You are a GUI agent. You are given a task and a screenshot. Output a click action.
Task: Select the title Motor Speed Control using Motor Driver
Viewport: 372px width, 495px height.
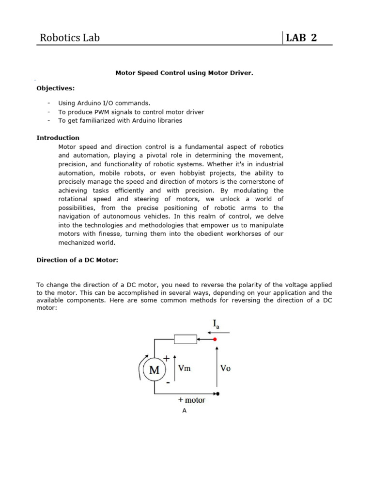pos(184,73)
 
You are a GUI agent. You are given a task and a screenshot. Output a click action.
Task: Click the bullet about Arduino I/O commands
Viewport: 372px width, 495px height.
pos(104,103)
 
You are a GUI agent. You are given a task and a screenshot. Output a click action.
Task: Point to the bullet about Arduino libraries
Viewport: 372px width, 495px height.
pos(120,120)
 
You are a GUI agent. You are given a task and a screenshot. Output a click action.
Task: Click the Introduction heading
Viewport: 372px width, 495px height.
pos(58,138)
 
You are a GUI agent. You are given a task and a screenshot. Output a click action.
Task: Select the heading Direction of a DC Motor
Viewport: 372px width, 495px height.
pos(77,260)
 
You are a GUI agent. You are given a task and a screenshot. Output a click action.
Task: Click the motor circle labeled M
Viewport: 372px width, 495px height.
pos(155,370)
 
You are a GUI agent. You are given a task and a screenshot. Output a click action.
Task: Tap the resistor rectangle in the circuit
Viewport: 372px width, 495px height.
pos(185,339)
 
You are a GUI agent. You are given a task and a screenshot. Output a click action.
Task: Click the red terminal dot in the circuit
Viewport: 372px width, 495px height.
pos(216,340)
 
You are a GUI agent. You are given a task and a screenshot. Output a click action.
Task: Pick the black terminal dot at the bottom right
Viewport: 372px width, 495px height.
pos(217,393)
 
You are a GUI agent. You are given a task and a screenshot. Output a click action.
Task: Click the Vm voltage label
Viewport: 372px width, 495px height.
pos(184,368)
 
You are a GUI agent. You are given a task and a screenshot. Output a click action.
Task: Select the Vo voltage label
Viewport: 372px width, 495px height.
pos(225,368)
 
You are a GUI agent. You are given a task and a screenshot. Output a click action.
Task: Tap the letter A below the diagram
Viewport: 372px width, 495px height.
pos(184,411)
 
